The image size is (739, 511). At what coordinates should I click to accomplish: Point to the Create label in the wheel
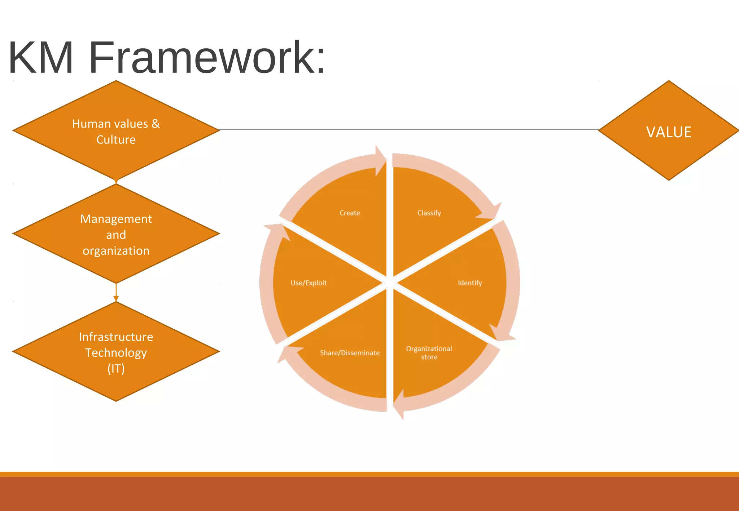pyautogui.click(x=350, y=213)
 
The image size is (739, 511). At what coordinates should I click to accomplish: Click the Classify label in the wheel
pyautogui.click(x=429, y=213)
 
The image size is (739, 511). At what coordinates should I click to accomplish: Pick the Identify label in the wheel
pyautogui.click(x=470, y=283)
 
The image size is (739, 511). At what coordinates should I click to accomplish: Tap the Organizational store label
pyautogui.click(x=429, y=353)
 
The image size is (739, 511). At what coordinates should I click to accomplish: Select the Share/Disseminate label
pyautogui.click(x=350, y=353)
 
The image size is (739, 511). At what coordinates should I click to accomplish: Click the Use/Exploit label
pyautogui.click(x=309, y=283)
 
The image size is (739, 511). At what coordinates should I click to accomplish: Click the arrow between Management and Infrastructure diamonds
pyautogui.click(x=116, y=292)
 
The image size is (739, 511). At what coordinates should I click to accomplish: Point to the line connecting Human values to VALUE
pyautogui.click(x=408, y=129)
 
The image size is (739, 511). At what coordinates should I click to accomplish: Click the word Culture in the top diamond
pyautogui.click(x=116, y=139)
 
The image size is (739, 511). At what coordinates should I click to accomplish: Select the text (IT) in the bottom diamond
pyautogui.click(x=116, y=368)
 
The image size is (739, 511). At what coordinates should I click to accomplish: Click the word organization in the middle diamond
pyautogui.click(x=116, y=250)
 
